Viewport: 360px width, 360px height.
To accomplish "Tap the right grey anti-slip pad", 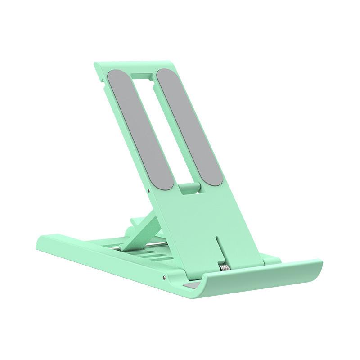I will click(189, 126).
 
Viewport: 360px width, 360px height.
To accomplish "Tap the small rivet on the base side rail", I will click(165, 273).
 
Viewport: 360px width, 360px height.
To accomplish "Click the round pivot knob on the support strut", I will click(133, 221).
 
